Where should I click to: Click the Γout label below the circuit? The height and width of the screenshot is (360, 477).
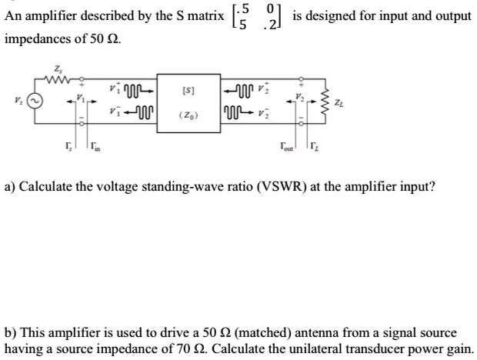(x=288, y=145)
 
